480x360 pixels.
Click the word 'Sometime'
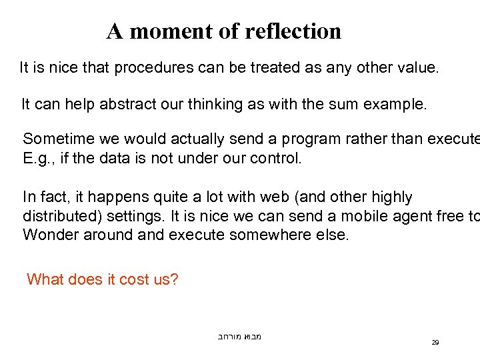pos(54,139)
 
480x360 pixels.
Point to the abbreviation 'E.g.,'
pos(37,159)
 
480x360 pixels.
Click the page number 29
pos(435,342)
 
